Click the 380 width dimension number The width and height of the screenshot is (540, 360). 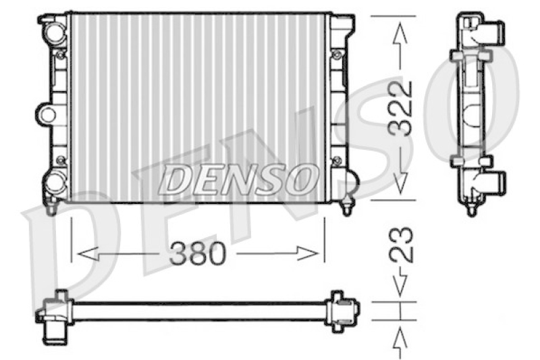(x=197, y=254)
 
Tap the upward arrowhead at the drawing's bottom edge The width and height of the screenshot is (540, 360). (x=401, y=336)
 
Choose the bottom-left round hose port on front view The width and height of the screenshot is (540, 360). (x=53, y=182)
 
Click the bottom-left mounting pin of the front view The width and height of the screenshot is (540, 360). (x=49, y=208)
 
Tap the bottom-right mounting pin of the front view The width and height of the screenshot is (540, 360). (x=347, y=206)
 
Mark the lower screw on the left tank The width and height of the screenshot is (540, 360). (x=61, y=160)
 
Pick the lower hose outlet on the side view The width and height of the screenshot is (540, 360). (x=497, y=180)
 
